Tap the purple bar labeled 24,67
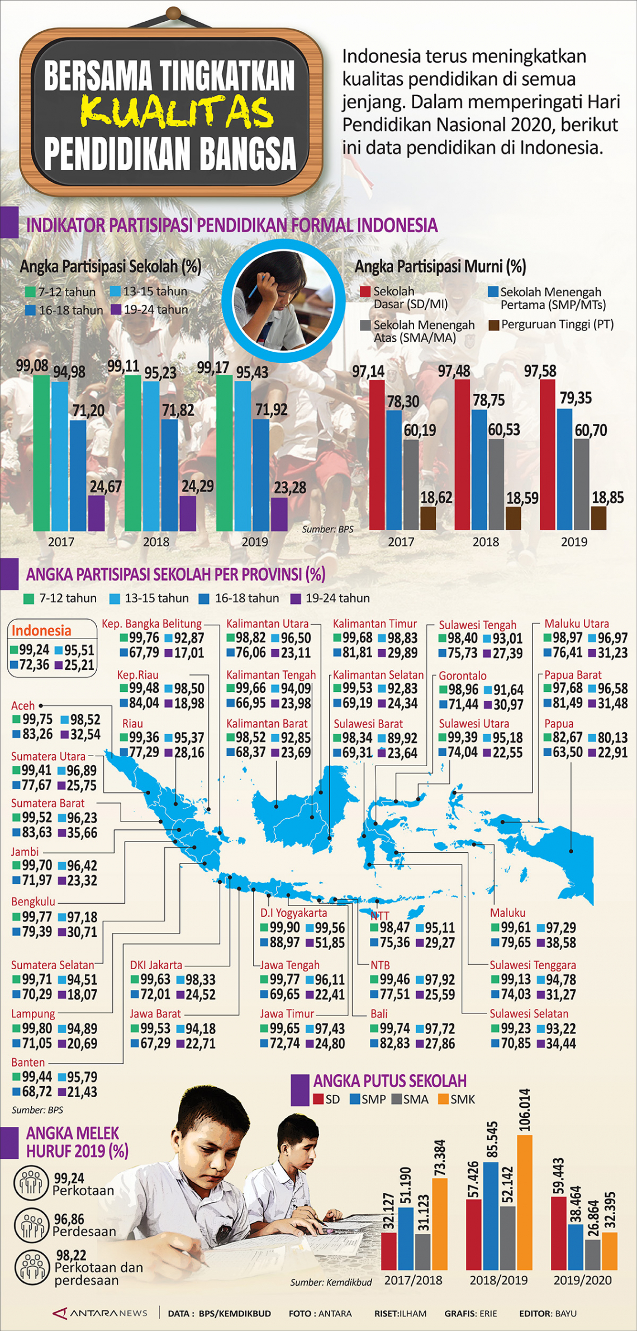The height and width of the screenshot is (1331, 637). (96, 513)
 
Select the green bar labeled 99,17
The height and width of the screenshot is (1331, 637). (224, 453)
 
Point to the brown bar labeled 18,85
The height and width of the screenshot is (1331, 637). (598, 518)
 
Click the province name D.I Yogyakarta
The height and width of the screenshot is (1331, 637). (293, 913)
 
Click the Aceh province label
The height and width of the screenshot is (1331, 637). (23, 706)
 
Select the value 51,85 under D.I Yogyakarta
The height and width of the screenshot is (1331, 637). (325, 942)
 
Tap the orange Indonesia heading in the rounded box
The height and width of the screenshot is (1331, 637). (41, 631)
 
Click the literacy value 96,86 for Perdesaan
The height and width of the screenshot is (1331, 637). (69, 1219)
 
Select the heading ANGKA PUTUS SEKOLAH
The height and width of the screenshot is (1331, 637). (389, 1081)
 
